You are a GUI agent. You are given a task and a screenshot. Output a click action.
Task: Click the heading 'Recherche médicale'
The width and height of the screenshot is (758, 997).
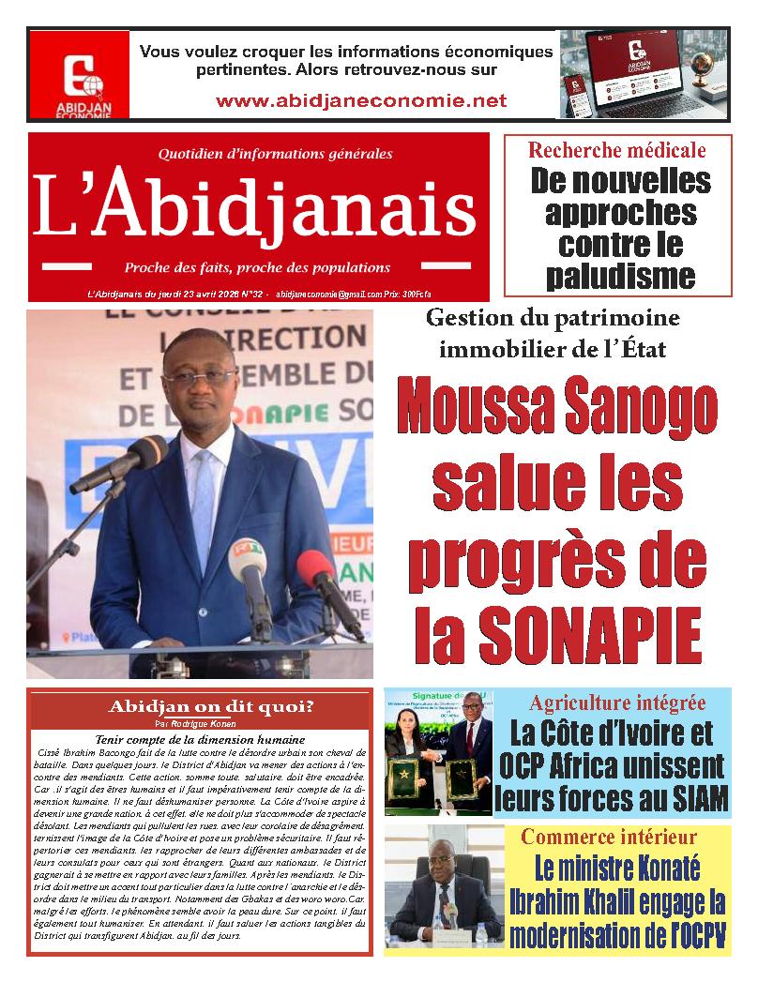coord(616,150)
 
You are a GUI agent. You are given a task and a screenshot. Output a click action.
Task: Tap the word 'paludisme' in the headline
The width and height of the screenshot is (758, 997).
coord(620,276)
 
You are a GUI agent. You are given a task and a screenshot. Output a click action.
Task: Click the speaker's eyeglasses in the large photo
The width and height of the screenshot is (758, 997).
coord(201,378)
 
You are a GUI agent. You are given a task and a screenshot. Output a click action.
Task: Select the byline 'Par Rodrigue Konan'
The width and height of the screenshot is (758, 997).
coord(194,724)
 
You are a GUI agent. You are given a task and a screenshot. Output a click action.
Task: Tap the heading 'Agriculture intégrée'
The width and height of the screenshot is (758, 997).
coord(617,702)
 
